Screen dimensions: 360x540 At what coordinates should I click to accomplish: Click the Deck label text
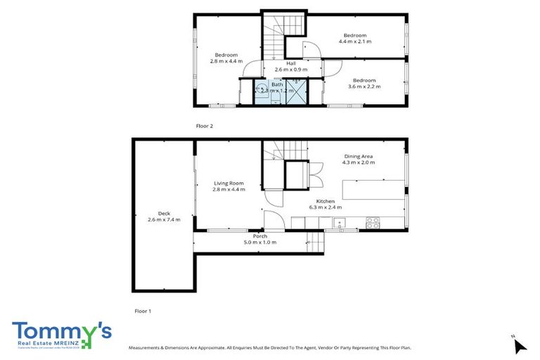point(164,213)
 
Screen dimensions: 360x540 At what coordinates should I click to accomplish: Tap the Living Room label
point(229,183)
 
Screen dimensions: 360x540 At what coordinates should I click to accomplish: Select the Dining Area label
point(359,156)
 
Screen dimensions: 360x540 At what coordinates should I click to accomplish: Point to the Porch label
point(259,236)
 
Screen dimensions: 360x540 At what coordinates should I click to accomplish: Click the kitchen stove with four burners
point(373,223)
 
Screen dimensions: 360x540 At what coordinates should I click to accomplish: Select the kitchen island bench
point(373,189)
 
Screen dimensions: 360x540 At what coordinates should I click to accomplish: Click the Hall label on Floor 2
point(290,63)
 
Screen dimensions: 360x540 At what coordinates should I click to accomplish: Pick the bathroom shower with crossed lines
point(296,92)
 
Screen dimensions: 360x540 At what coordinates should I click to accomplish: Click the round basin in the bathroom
point(261,89)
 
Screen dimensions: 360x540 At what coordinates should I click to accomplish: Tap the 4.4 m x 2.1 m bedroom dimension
point(355,42)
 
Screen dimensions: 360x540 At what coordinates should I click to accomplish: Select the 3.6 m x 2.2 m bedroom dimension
point(364,86)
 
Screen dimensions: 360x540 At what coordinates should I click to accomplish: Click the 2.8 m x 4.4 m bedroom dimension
point(226,61)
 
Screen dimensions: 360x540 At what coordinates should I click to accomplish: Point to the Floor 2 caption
point(204,126)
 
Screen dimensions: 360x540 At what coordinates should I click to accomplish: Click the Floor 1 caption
point(143,310)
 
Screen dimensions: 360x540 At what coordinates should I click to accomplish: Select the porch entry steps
point(316,243)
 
